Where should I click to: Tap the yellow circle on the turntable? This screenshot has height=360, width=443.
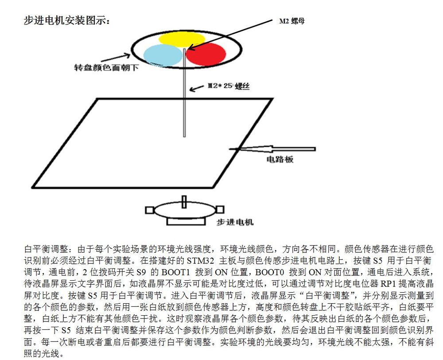(182, 39)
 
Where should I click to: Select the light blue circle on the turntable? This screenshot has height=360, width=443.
(163, 55)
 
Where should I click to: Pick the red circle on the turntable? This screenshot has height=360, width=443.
(206, 54)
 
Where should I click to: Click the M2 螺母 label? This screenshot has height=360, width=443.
(291, 21)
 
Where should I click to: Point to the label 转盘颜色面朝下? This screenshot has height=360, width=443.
(106, 68)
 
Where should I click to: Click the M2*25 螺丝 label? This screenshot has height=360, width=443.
(229, 86)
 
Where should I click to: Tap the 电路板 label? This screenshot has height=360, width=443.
(280, 159)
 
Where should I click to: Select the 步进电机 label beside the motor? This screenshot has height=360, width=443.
(235, 222)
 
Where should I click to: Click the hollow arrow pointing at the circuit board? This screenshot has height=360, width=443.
(272, 149)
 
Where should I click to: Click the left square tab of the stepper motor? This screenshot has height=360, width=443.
(149, 210)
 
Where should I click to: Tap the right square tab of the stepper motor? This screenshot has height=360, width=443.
(220, 210)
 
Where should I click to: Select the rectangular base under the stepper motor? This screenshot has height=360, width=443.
(186, 221)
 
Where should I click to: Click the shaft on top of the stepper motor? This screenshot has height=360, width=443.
(184, 202)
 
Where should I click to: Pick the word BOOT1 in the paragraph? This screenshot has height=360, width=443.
(175, 272)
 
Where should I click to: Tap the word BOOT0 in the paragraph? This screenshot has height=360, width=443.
(269, 272)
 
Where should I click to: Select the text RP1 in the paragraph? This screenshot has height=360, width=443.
(389, 284)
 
